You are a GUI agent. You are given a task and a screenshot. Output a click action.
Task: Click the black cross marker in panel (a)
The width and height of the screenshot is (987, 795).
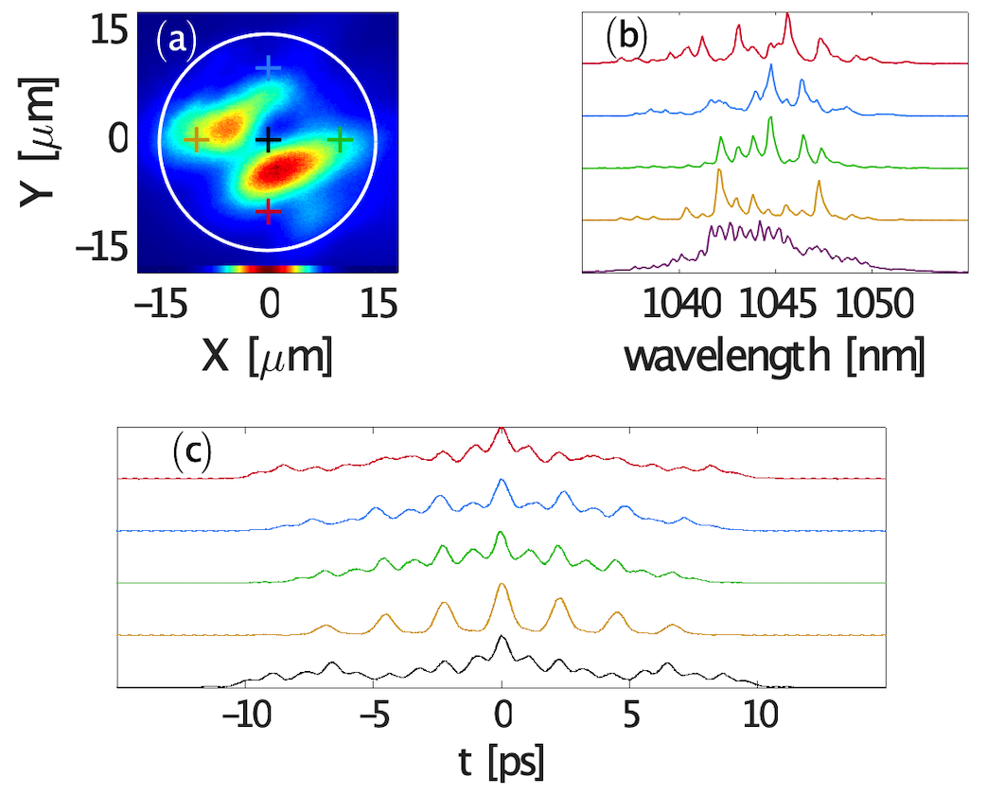269,140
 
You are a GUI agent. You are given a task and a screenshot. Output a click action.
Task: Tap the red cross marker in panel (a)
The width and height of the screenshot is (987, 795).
269,211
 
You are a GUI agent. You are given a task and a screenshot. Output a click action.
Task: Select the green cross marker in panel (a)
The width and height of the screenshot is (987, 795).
341,141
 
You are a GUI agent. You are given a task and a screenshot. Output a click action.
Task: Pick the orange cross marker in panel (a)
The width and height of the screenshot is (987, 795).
196,141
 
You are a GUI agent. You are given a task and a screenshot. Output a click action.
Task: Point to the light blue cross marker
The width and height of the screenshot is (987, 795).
269,67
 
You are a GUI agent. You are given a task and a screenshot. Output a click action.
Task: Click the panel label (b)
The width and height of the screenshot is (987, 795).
626,37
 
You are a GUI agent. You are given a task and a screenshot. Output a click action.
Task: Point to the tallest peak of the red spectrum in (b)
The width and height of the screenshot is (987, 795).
788,16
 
